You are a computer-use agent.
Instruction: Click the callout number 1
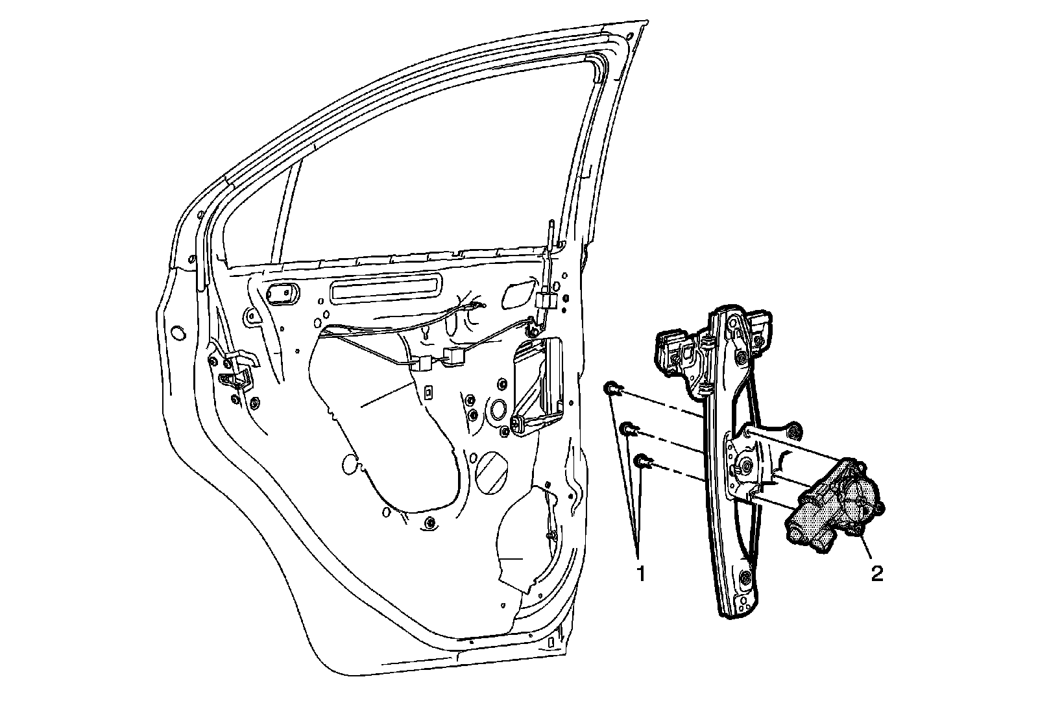(x=640, y=573)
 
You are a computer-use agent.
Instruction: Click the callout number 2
(x=876, y=573)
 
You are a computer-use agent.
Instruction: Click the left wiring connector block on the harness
(x=422, y=363)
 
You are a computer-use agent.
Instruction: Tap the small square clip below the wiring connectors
(x=428, y=392)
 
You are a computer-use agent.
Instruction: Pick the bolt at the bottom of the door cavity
(x=430, y=521)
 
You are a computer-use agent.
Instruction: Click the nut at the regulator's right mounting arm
(x=793, y=431)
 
